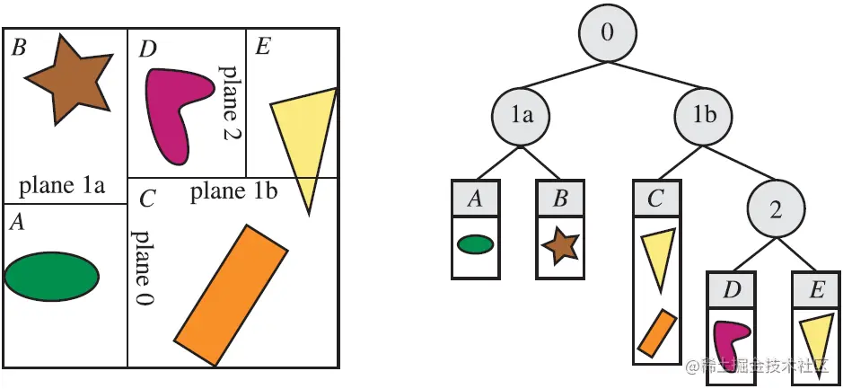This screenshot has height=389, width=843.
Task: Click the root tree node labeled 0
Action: click(x=608, y=34)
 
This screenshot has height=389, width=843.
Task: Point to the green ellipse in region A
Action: click(x=51, y=273)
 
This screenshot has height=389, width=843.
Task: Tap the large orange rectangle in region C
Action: click(x=232, y=295)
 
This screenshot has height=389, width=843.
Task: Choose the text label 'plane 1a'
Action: click(x=62, y=187)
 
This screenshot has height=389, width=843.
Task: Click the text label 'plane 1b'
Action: click(x=234, y=190)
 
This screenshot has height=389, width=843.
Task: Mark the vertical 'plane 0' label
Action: click(x=142, y=268)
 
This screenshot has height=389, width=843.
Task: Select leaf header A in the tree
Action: click(x=475, y=199)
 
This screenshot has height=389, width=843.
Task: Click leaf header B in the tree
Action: click(x=560, y=199)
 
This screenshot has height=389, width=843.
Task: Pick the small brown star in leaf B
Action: click(x=560, y=244)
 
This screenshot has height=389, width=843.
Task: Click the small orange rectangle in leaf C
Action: click(x=656, y=332)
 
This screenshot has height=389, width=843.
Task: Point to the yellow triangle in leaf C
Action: click(x=657, y=257)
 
